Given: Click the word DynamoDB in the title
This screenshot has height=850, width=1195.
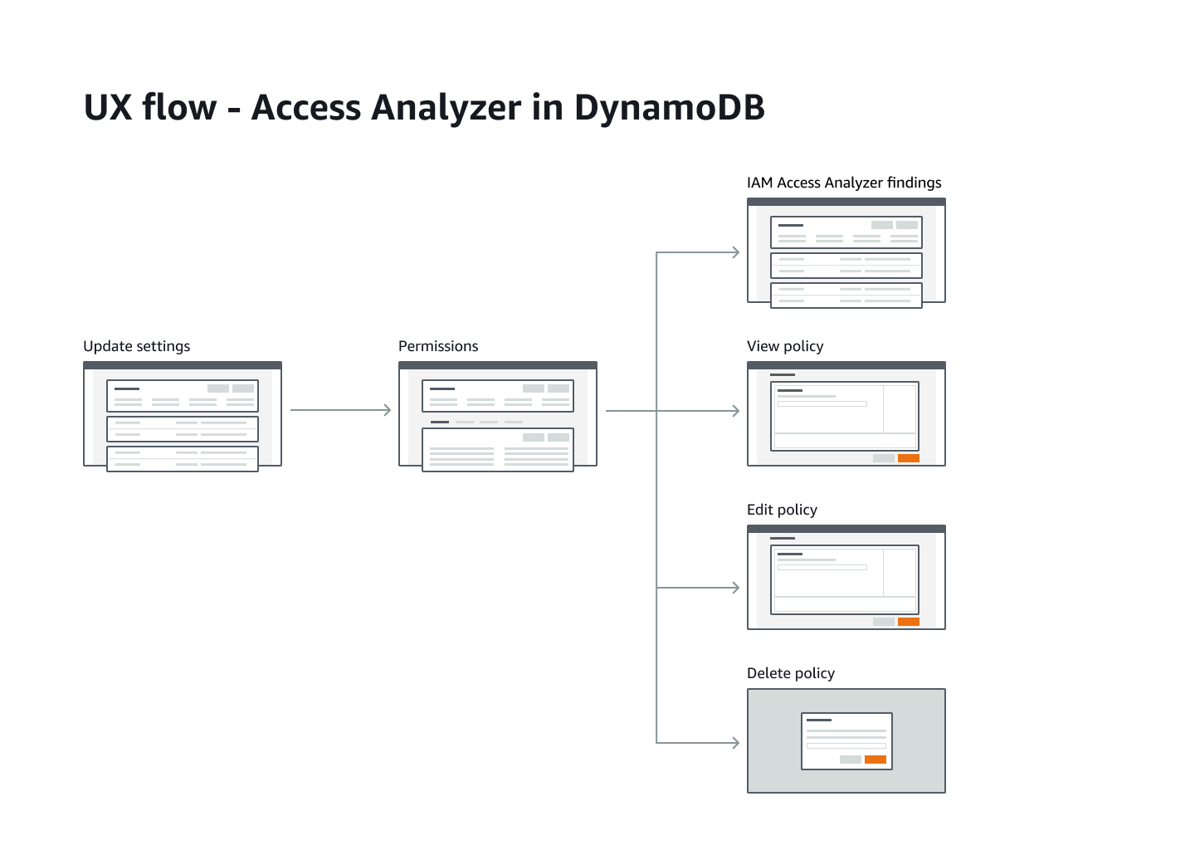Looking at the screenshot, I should [669, 108].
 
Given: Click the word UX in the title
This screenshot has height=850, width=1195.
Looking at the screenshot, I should [108, 108].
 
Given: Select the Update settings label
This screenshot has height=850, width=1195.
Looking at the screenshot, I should [136, 346].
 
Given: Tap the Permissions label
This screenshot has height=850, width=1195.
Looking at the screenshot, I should [438, 346].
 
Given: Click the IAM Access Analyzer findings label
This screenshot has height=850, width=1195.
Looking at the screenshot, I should [844, 183].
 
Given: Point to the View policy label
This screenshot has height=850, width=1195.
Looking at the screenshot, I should [785, 346].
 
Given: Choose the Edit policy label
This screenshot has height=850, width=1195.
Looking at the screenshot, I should [782, 510].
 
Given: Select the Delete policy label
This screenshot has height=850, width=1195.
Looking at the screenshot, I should [790, 673].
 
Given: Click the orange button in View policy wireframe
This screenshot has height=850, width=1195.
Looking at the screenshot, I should [908, 458].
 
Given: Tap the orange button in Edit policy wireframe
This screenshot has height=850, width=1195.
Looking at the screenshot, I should [908, 622].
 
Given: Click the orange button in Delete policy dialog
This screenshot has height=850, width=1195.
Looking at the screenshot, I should [875, 760].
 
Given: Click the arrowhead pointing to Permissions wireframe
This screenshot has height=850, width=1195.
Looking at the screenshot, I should [387, 410].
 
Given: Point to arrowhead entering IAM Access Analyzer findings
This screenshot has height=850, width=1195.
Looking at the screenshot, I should [735, 252].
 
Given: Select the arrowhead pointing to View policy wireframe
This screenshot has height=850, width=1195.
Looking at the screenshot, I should [735, 411].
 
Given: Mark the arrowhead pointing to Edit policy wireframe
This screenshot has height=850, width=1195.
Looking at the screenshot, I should [735, 588].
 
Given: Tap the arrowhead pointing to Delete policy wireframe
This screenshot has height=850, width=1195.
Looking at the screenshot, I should [735, 742].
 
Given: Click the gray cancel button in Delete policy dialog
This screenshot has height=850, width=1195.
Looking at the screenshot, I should [850, 760].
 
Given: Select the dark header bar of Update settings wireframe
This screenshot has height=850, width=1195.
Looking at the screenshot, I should [183, 365].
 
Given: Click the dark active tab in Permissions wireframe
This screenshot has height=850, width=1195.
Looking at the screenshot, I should [439, 423].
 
